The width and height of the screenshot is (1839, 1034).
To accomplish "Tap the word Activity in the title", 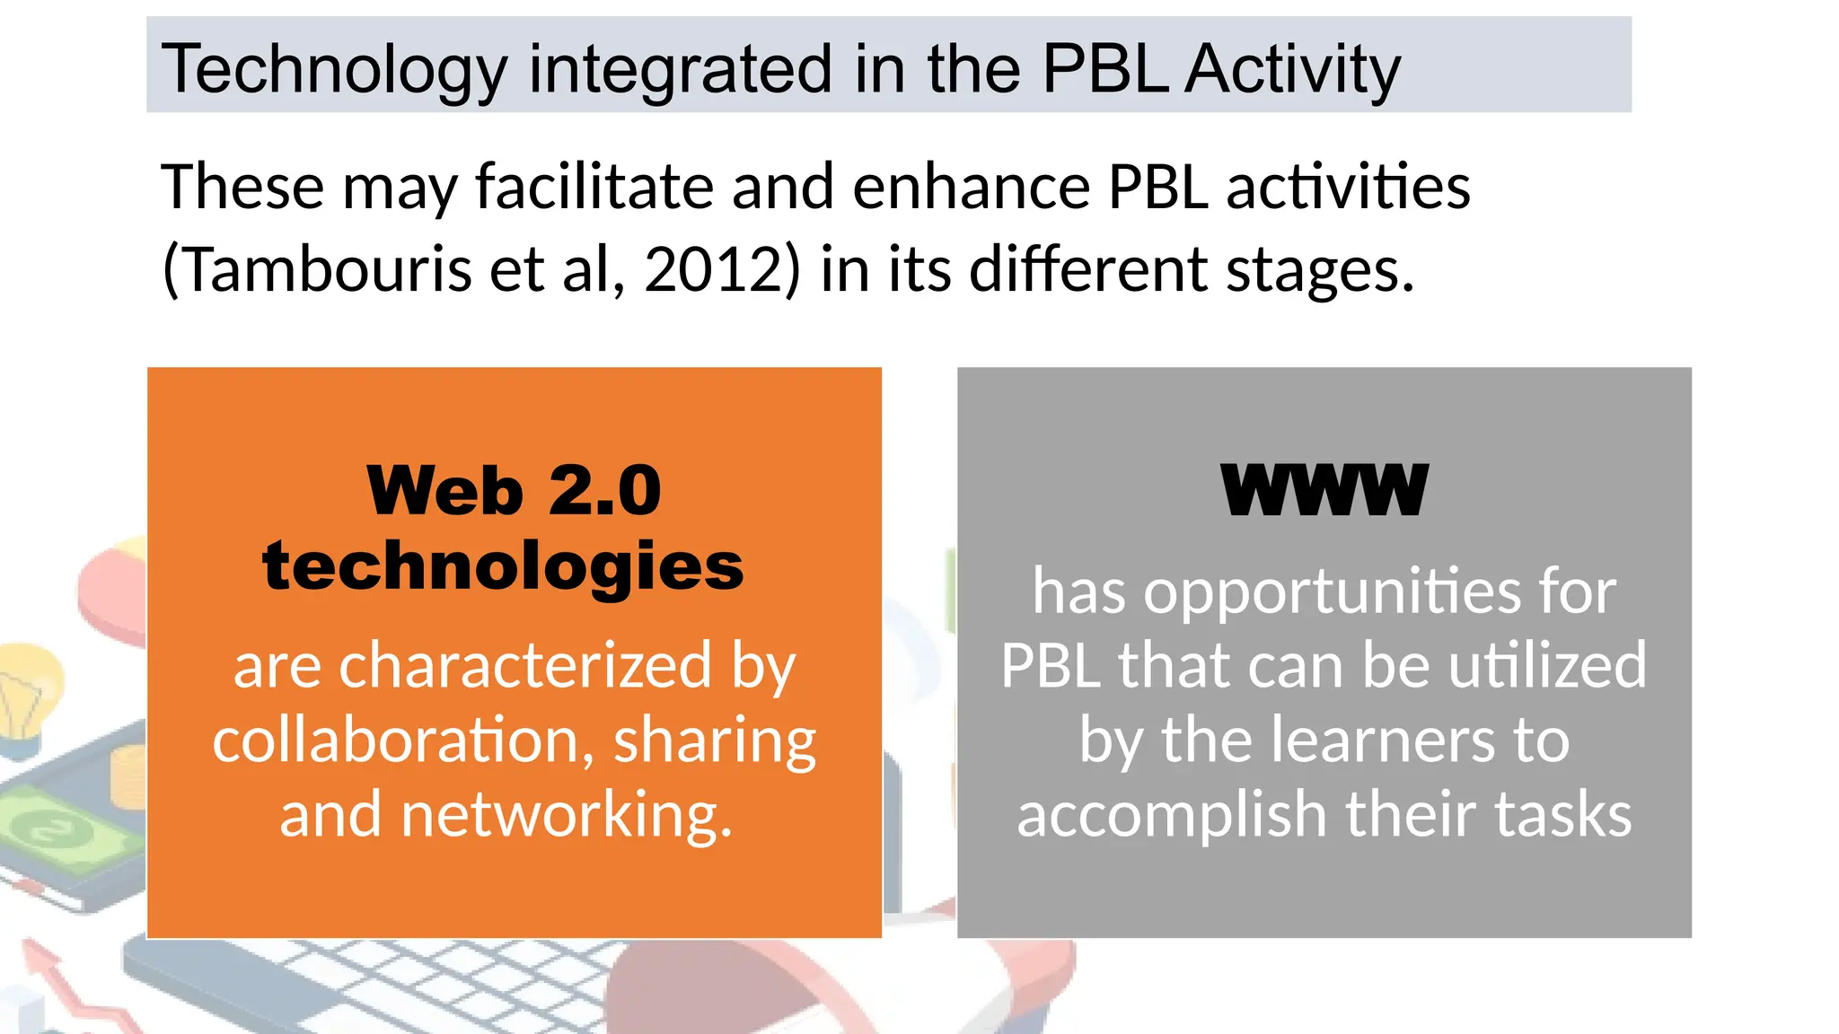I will point(1292,70).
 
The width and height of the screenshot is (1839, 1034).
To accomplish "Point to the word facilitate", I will point(594,187).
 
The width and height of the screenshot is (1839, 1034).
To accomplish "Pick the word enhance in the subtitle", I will point(971,187).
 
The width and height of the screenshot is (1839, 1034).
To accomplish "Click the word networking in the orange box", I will point(566,814).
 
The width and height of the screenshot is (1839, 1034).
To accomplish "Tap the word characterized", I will point(525,666).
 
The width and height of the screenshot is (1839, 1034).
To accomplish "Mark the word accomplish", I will point(1171,814).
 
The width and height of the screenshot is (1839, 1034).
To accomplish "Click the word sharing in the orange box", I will point(715,741).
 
